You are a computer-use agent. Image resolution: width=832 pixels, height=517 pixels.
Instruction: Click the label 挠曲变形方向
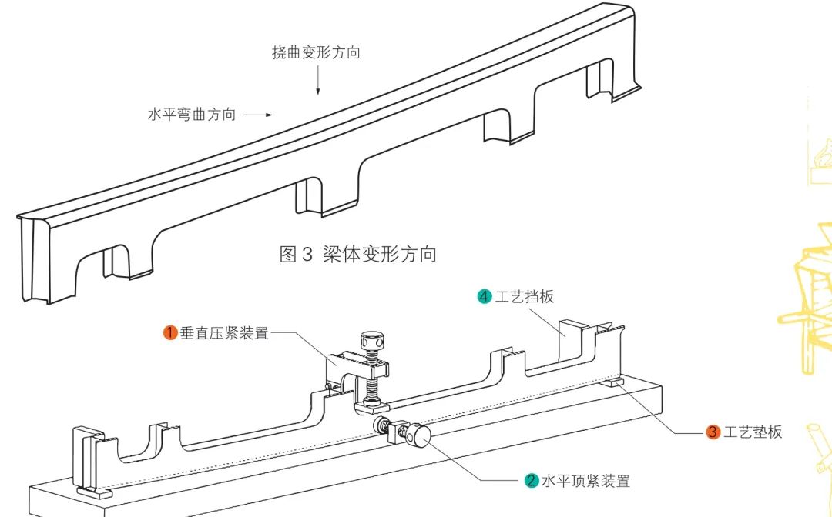tap(316, 53)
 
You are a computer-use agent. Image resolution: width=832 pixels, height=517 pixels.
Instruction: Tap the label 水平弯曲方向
tap(191, 115)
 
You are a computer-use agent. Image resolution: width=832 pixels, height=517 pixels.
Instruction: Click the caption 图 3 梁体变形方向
tap(357, 254)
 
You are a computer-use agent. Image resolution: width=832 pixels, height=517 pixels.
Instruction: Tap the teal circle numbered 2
tap(532, 481)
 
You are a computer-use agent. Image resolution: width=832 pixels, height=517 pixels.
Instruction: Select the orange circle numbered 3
tap(713, 432)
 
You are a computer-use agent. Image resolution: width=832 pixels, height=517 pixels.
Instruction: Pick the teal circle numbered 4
tap(484, 296)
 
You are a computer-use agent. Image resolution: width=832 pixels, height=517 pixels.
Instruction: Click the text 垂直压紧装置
tap(224, 333)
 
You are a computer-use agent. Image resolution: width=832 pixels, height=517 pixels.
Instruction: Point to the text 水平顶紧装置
tap(585, 481)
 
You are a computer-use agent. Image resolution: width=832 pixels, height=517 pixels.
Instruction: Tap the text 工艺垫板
tap(753, 432)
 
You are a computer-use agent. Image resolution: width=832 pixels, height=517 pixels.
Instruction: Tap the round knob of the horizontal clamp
tap(421, 438)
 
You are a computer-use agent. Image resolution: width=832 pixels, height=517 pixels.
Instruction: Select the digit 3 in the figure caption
tap(307, 254)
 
